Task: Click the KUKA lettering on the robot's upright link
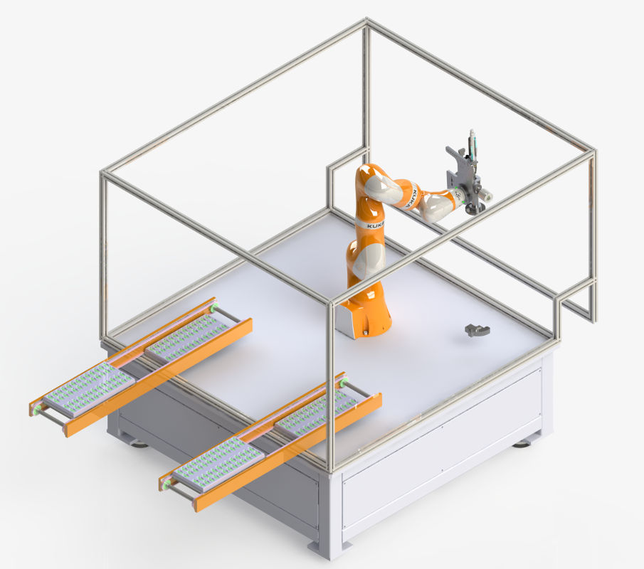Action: point(376,225)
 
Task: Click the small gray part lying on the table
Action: point(477,329)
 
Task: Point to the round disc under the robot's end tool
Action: point(474,209)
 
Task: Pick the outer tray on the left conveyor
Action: point(89,390)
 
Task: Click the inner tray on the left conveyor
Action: point(188,337)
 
